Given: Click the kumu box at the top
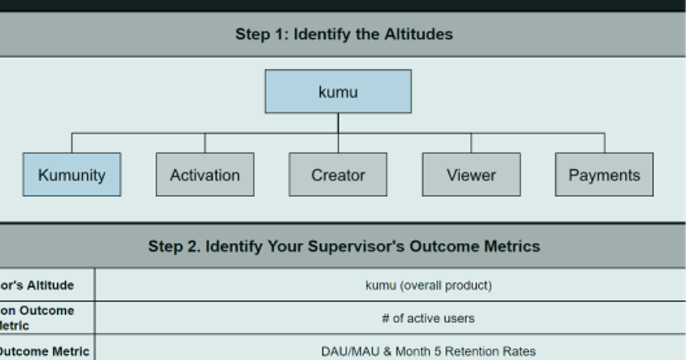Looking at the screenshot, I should click(338, 91).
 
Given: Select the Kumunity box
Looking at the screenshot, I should click(71, 174).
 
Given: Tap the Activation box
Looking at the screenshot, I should click(205, 174).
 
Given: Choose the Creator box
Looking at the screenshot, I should click(338, 174).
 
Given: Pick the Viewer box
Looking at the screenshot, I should click(471, 174).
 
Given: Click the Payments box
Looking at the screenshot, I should click(604, 174).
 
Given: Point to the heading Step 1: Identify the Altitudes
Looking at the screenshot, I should click(344, 34).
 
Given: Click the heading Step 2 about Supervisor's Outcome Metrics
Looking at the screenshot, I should click(344, 246).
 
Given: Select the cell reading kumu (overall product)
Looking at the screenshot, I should click(428, 285).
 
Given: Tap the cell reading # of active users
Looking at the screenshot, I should click(428, 318).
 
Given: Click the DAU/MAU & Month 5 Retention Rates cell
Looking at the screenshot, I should click(428, 351).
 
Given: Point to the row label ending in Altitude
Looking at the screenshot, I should click(37, 285).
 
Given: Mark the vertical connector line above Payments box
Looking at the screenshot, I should click(604, 143).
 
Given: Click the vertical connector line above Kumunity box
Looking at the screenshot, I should click(71, 143).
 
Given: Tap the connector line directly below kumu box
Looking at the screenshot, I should click(338, 123).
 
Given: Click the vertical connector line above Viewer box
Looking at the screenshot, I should click(471, 143).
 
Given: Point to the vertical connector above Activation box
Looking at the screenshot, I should click(205, 143).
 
